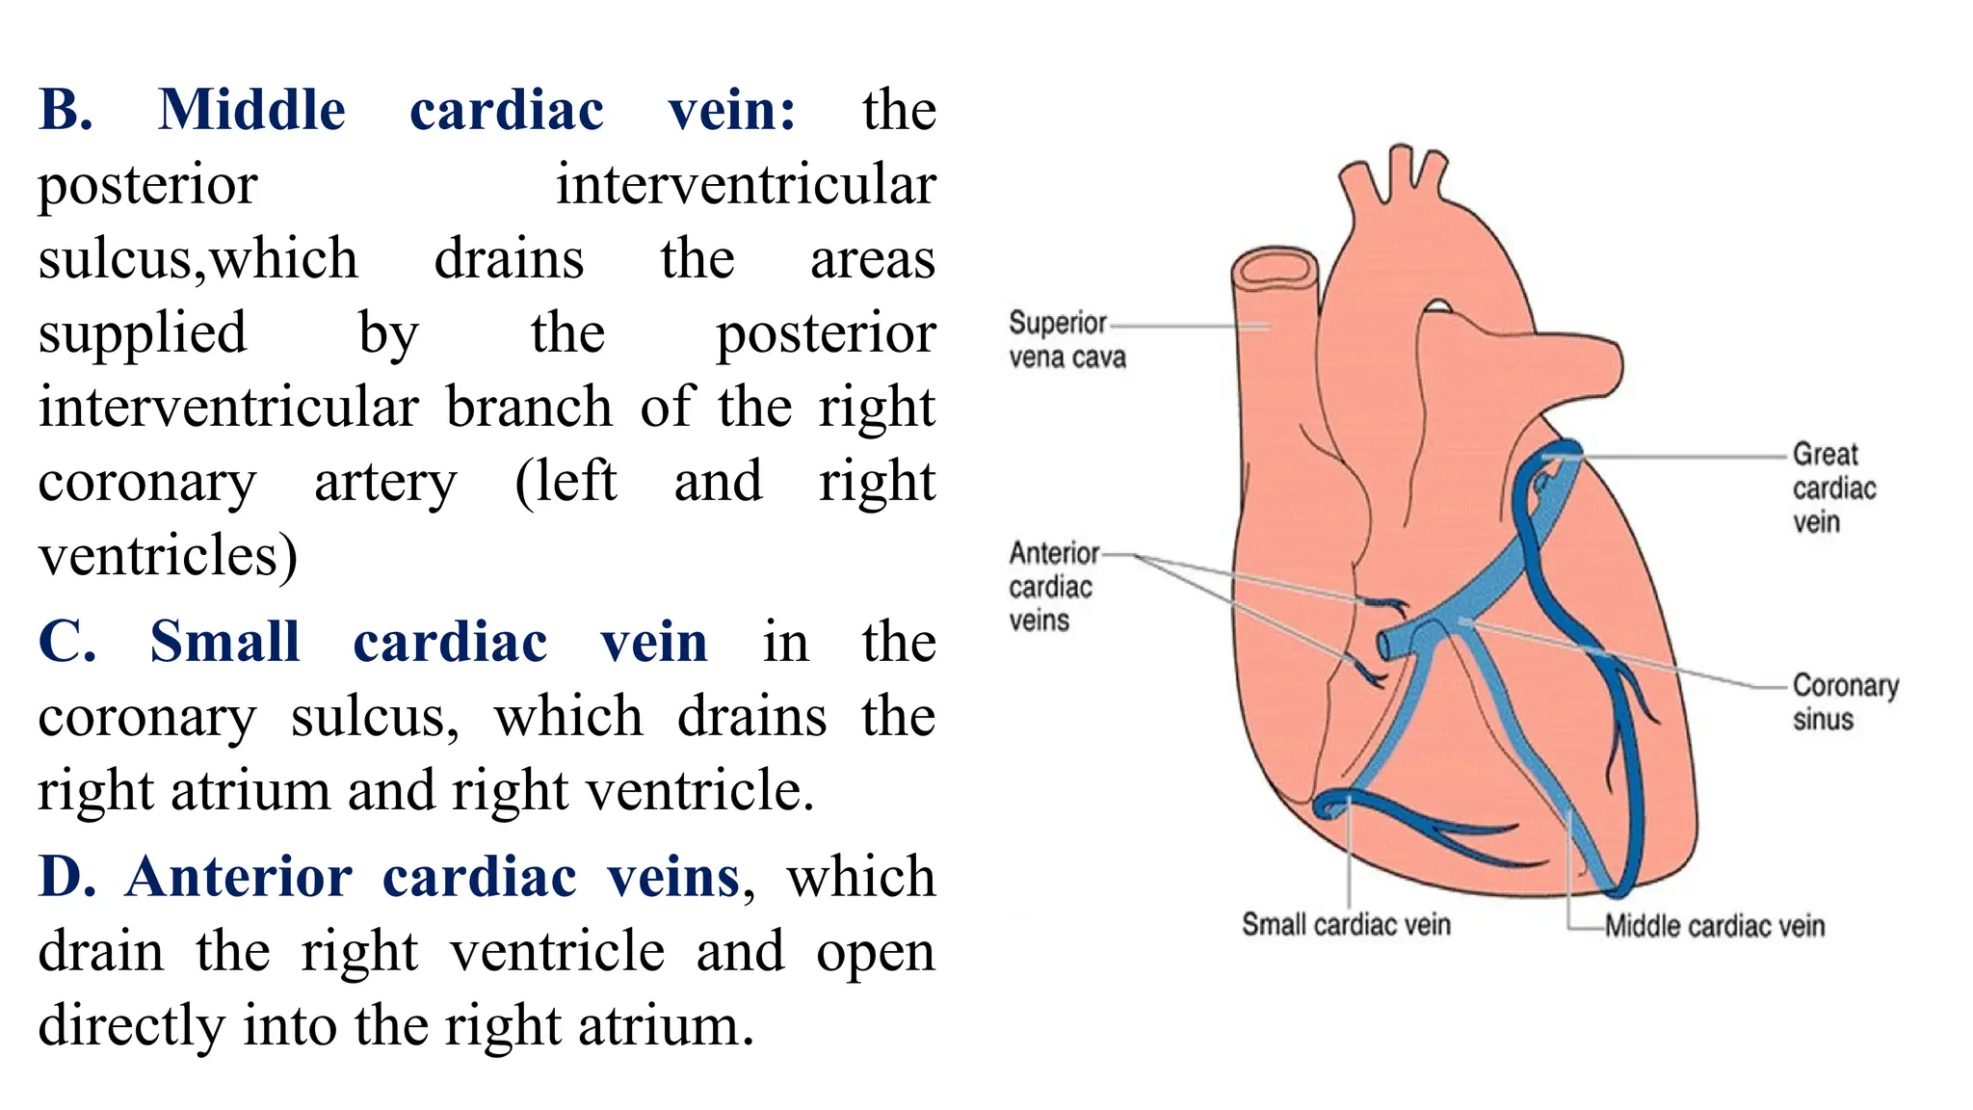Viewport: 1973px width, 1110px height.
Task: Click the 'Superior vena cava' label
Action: pos(1066,339)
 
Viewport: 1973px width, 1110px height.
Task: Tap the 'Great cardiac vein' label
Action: pos(1833,488)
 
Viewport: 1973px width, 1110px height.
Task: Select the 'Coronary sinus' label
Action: pos(1844,702)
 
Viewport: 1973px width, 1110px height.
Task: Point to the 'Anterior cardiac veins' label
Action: pos(1053,586)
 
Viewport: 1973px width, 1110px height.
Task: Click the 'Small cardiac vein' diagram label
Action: pos(1345,925)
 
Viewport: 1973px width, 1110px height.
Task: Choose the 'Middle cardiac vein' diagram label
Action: pos(1714,927)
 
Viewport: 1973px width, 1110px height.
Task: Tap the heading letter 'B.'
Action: pos(66,110)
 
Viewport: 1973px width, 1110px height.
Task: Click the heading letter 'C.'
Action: pos(66,642)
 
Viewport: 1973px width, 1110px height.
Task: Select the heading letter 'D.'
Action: pos(66,877)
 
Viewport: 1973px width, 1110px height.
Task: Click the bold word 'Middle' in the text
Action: pos(251,110)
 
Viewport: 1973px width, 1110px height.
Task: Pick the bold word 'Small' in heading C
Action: pos(224,642)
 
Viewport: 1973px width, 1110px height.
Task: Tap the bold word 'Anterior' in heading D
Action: pos(239,877)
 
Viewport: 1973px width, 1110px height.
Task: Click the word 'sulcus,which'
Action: pos(197,259)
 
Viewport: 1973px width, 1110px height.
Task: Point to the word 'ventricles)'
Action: pos(168,556)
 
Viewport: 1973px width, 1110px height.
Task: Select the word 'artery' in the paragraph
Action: pos(385,482)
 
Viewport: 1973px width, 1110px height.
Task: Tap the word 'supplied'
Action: pos(143,333)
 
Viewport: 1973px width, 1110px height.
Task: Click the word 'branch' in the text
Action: pos(529,408)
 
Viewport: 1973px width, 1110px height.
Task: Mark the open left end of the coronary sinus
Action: pos(1385,645)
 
